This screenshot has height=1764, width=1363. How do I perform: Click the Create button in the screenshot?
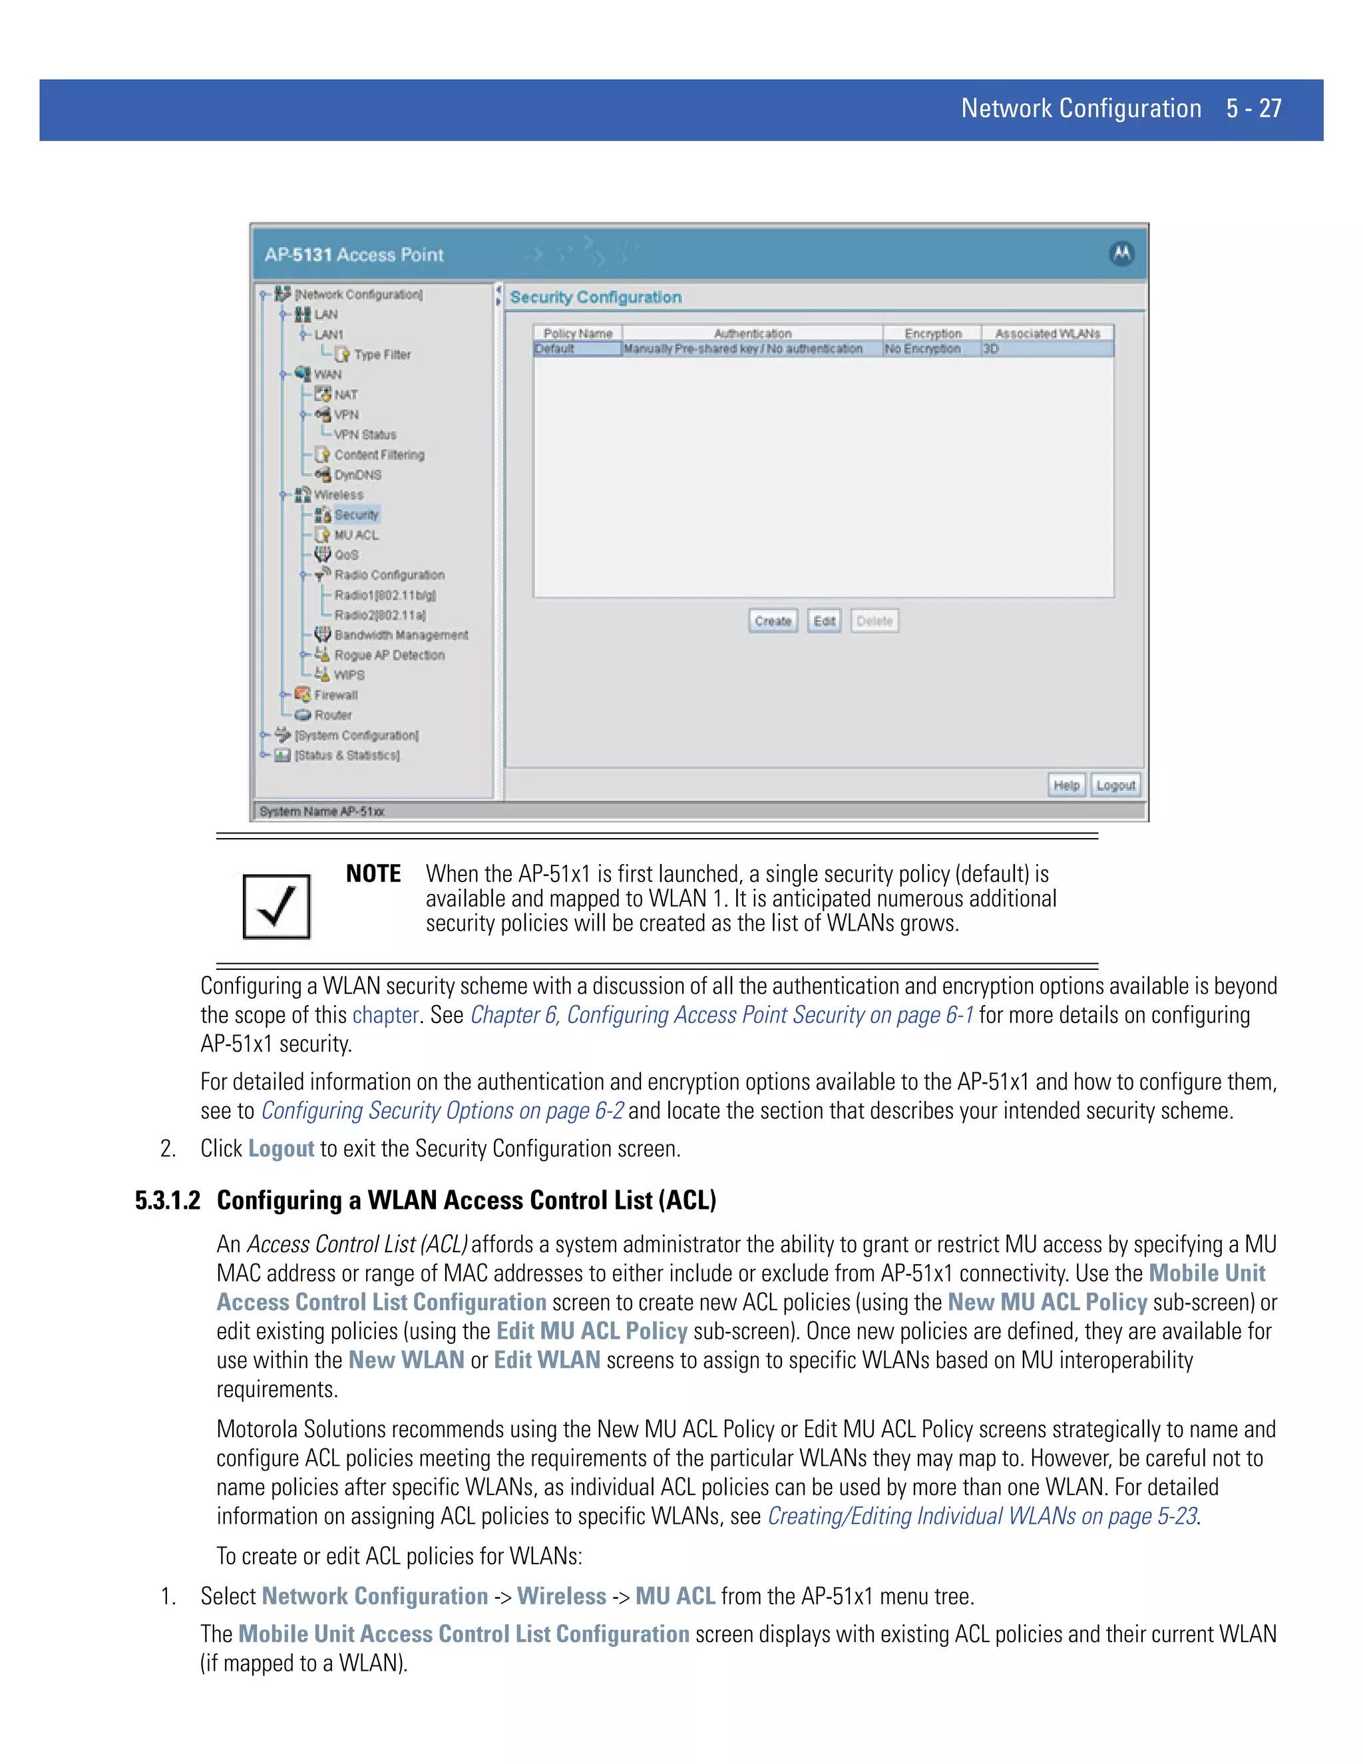pyautogui.click(x=773, y=620)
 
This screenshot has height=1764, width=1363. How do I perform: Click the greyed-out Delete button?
pyautogui.click(x=875, y=620)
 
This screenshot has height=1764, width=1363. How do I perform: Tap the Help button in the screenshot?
pyautogui.click(x=1066, y=785)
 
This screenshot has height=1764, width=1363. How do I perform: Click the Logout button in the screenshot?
pyautogui.click(x=1115, y=785)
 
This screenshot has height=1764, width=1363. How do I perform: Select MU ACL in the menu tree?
pyautogui.click(x=356, y=535)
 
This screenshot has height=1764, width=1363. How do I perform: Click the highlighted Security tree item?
pyautogui.click(x=356, y=515)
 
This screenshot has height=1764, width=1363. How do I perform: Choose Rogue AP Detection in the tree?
pyautogui.click(x=389, y=655)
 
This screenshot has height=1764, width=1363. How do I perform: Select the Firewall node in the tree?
pyautogui.click(x=335, y=694)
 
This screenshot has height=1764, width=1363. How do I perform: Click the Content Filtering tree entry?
pyautogui.click(x=379, y=455)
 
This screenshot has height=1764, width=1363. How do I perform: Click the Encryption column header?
pyautogui.click(x=932, y=333)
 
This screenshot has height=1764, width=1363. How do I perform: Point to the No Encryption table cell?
pyautogui.click(x=923, y=349)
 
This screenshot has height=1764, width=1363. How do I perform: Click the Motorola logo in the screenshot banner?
pyautogui.click(x=1121, y=254)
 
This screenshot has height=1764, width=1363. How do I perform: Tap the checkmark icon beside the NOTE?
pyautogui.click(x=276, y=906)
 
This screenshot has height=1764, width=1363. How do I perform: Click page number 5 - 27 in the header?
pyautogui.click(x=1253, y=109)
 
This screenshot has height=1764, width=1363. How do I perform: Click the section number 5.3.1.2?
pyautogui.click(x=167, y=1200)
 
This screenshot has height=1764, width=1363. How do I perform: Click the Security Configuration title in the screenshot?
pyautogui.click(x=595, y=298)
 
